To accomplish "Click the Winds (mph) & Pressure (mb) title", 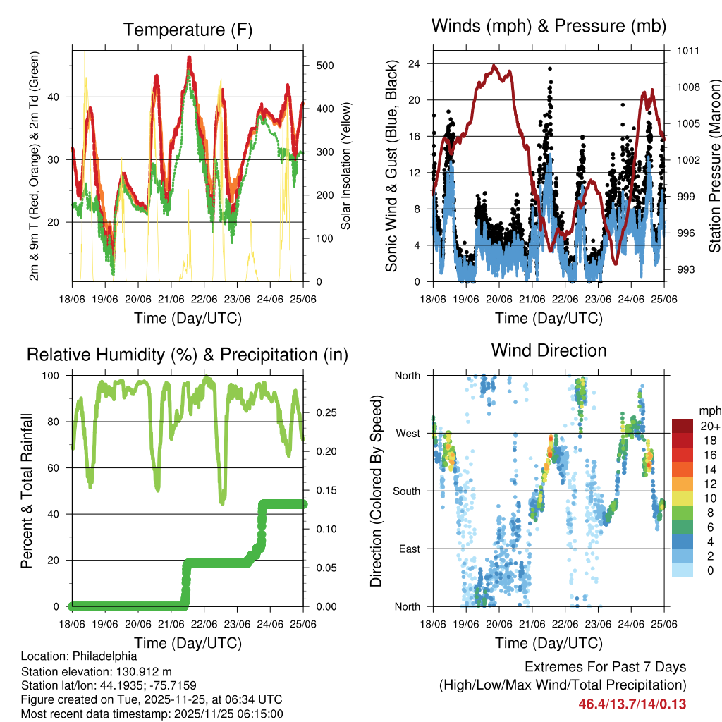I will [x=549, y=26].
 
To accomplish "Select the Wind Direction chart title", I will [x=549, y=350].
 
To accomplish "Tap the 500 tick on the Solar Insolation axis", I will [x=325, y=66].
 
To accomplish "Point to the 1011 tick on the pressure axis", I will [x=688, y=51].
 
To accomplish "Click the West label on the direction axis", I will [x=408, y=433].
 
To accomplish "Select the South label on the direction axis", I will [x=407, y=491].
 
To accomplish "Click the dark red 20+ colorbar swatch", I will [x=683, y=426].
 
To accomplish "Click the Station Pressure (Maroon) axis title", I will [x=714, y=165].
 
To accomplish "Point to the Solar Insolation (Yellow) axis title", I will [x=346, y=165].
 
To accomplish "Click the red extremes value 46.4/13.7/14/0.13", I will [x=632, y=704].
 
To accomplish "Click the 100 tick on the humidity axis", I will [x=52, y=375].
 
